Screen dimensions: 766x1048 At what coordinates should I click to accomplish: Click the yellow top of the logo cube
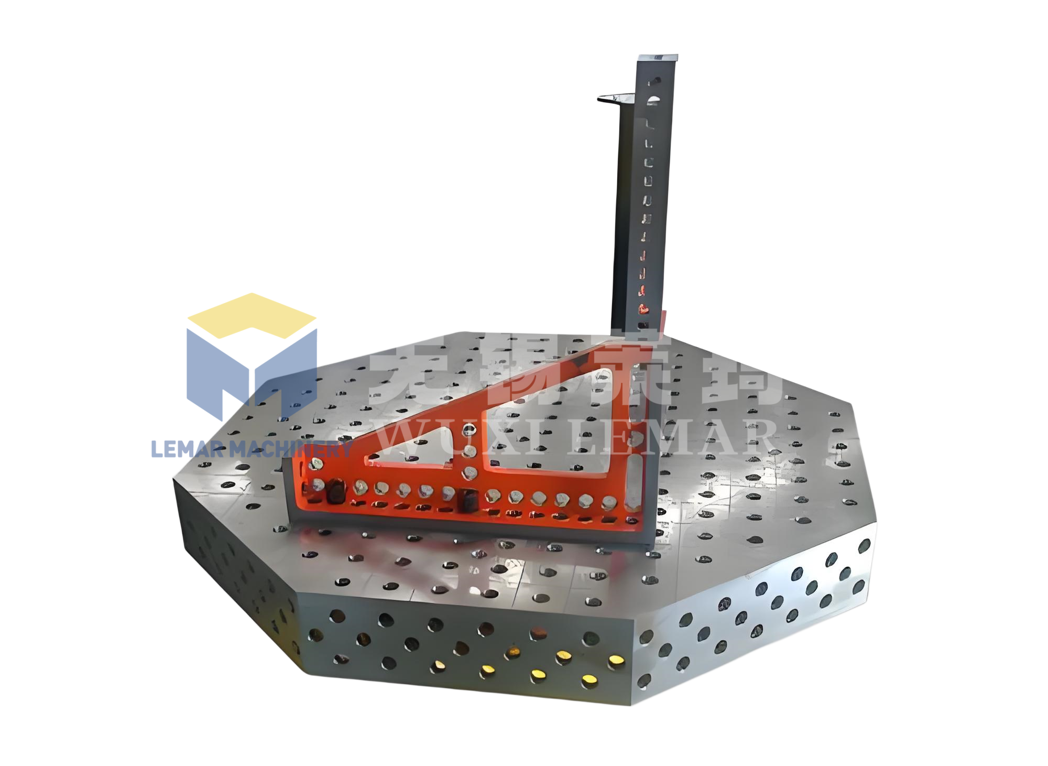click(x=252, y=315)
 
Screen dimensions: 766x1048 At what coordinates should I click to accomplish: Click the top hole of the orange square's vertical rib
click(x=468, y=431)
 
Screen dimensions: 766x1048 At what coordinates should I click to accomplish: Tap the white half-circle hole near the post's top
click(x=654, y=99)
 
